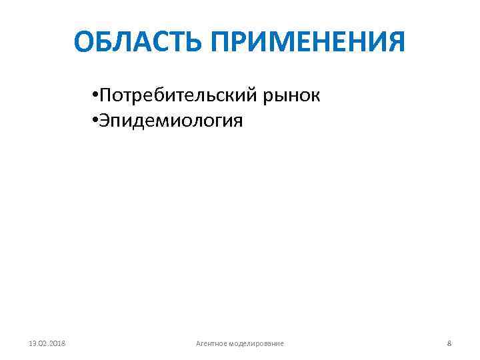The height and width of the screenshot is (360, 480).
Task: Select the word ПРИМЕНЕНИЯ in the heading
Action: pos(308,42)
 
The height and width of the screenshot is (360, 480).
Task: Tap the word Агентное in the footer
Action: pos(211,343)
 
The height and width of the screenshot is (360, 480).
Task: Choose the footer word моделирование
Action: pos(255,343)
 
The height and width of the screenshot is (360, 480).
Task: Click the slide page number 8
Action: pos(449,343)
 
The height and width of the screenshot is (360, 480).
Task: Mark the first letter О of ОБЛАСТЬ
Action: pos(85,42)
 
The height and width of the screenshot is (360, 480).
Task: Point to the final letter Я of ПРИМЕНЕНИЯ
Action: pos(395,42)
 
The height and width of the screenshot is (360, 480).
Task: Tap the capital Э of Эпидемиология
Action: pos(106,121)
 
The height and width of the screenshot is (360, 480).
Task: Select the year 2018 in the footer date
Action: pos(65,343)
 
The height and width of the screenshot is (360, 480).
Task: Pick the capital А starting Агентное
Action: pos(198,343)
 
